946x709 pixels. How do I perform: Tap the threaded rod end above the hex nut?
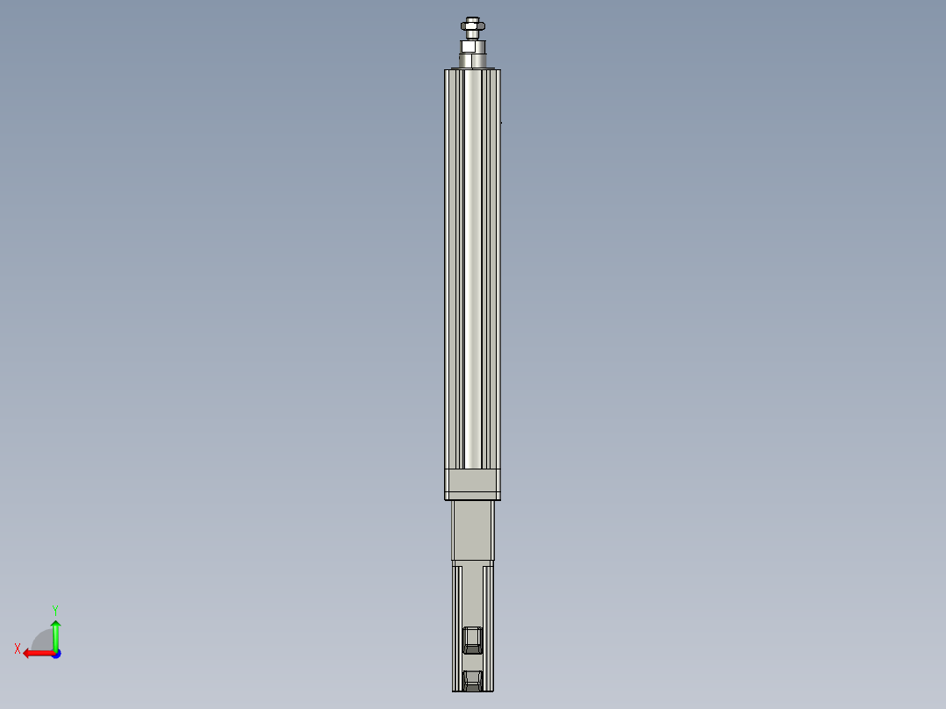pos(472,20)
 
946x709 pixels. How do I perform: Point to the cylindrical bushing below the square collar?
pos(472,61)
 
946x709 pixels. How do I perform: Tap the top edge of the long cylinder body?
pos(472,70)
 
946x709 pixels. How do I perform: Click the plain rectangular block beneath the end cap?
pos(472,530)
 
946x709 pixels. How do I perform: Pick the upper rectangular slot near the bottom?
pos(472,640)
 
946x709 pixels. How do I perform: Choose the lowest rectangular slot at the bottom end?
pos(472,679)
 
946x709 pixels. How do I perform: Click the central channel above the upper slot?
pos(472,597)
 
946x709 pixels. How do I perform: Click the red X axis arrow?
pos(35,653)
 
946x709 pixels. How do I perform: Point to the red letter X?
pos(18,649)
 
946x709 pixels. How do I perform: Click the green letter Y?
pos(54,609)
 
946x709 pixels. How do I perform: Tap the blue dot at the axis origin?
pos(55,653)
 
